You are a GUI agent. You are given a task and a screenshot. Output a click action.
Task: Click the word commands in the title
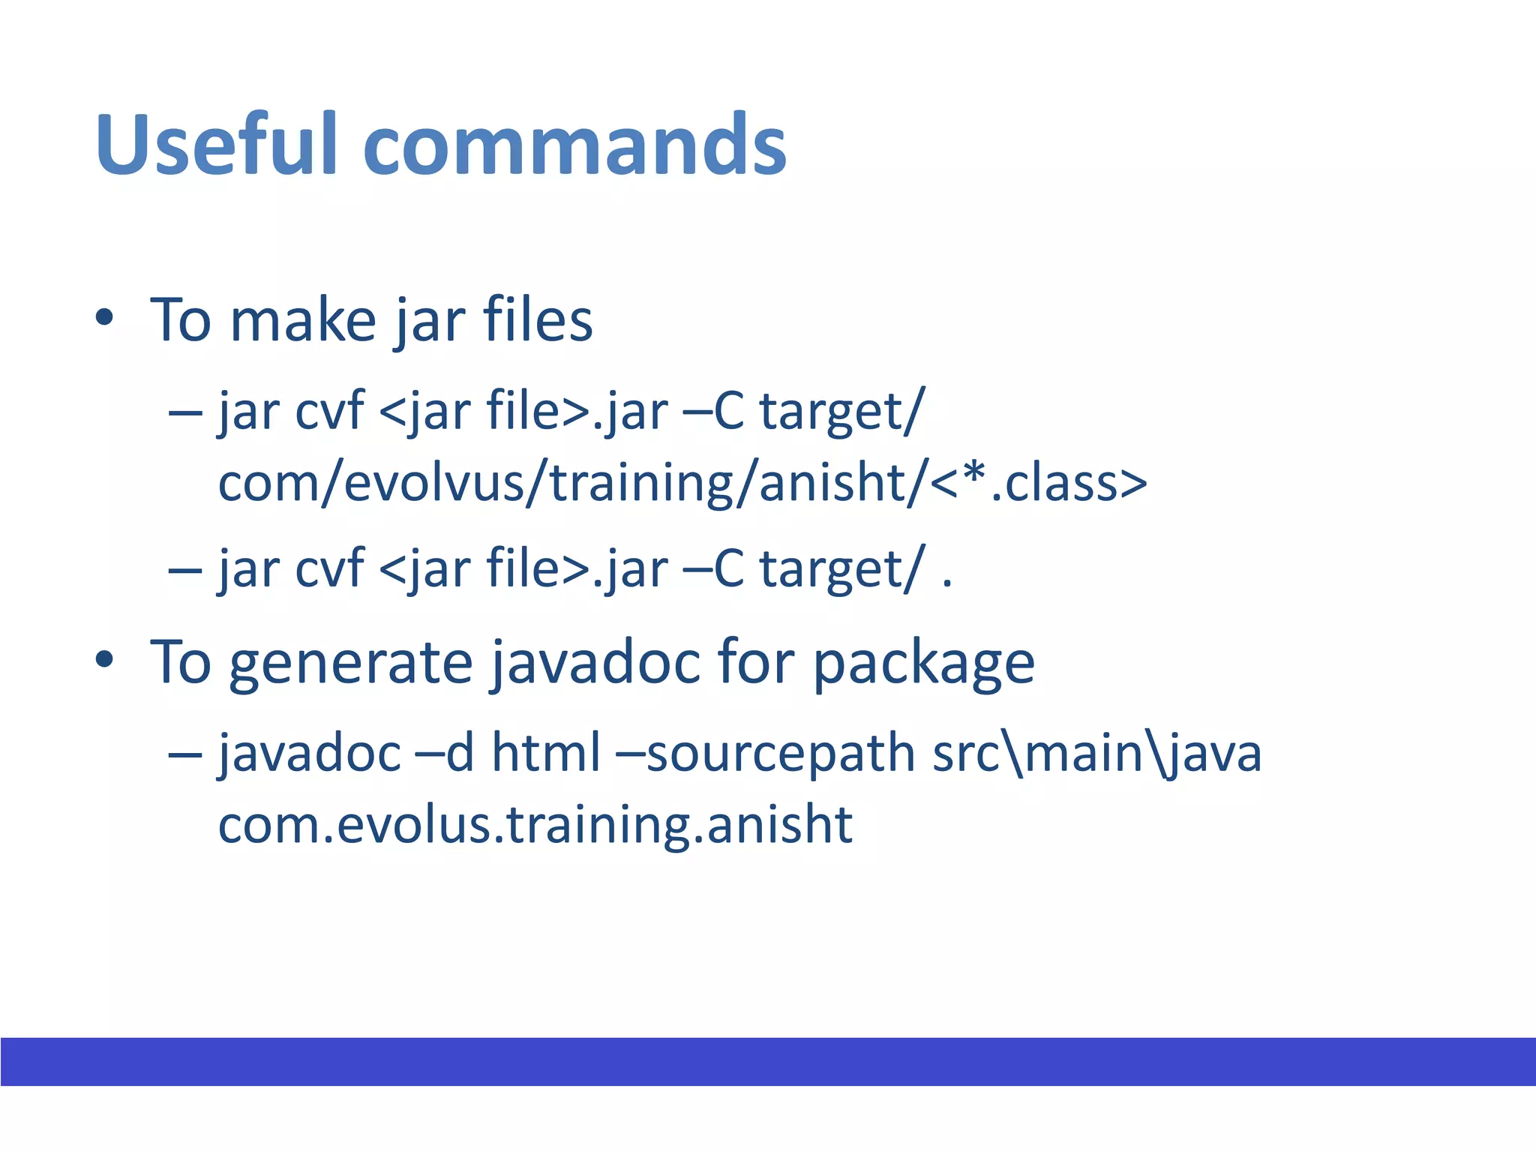[x=574, y=144]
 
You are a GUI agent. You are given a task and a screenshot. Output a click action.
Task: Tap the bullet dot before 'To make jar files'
[x=104, y=318]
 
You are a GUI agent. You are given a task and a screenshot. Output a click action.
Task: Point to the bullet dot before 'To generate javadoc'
[x=104, y=661]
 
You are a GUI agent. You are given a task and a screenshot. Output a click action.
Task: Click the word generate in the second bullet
[x=350, y=664]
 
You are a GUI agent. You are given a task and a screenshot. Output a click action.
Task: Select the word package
[x=923, y=664]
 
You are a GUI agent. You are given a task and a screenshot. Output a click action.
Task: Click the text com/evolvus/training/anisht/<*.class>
[x=682, y=482]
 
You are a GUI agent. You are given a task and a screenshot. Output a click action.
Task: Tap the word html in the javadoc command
[x=546, y=752]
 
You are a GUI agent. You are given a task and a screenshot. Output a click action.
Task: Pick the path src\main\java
[x=1096, y=752]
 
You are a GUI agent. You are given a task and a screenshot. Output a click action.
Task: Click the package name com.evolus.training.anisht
[x=535, y=824]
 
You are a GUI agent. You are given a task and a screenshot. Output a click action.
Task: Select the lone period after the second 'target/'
[x=946, y=583]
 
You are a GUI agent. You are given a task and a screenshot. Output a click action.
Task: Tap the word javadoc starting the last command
[x=309, y=752]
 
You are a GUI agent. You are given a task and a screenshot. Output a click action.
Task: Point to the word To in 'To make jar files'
[x=181, y=321]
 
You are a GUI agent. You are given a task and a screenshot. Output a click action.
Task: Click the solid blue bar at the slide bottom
[x=768, y=1061]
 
